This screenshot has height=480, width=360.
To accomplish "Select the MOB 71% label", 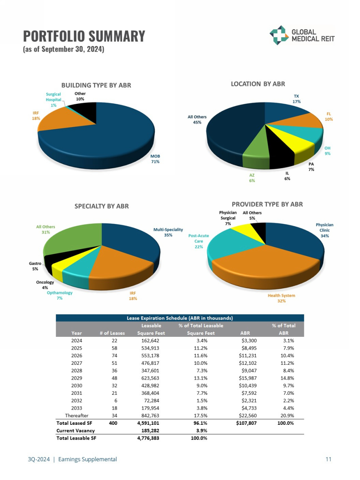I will click(155, 159).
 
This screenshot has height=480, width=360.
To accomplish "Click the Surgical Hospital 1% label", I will click(53, 100).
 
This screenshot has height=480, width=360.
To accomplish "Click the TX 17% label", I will click(296, 99).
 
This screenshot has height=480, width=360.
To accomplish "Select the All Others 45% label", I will click(197, 120).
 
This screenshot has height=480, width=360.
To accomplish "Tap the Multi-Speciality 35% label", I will click(168, 232).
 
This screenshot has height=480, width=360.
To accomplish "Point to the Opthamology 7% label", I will click(60, 295).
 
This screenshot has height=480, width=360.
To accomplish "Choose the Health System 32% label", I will click(281, 298).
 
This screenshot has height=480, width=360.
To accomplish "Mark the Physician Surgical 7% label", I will click(228, 218).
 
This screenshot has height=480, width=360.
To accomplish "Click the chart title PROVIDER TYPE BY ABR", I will click(267, 204).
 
